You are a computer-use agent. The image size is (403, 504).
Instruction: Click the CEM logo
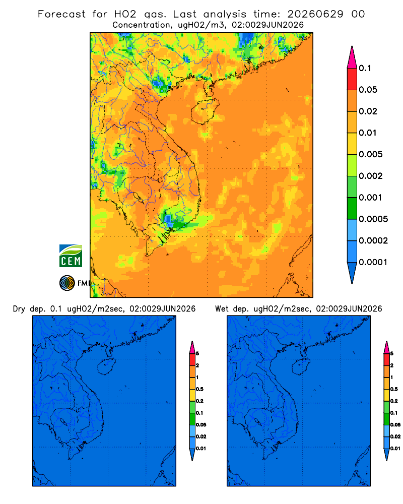(71, 256)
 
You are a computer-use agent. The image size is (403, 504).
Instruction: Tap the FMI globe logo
(67, 283)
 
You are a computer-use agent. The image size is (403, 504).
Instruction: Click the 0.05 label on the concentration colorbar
(368, 90)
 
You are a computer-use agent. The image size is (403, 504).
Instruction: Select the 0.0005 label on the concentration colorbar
(373, 219)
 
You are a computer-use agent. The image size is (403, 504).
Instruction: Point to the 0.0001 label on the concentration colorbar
(373, 262)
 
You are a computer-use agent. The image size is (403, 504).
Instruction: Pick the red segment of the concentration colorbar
(352, 79)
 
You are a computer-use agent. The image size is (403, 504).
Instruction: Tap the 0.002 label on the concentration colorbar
(371, 176)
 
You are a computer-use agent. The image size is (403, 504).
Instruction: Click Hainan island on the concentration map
(205, 111)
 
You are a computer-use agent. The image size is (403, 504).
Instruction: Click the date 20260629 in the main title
(315, 14)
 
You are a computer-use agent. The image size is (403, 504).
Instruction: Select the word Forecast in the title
(61, 14)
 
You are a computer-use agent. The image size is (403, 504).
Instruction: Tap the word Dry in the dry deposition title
(19, 309)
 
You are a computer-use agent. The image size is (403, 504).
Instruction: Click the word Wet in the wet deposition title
(222, 309)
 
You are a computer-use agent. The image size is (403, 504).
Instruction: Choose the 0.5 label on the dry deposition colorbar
(199, 389)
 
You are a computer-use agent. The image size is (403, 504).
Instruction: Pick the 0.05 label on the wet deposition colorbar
(395, 425)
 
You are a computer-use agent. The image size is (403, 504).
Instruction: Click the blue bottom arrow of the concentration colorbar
(352, 273)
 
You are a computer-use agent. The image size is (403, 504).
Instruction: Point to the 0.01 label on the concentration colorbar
(368, 133)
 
